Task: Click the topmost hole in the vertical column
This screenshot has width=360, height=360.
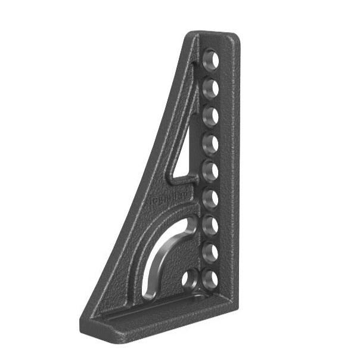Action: pyautogui.click(x=210, y=60)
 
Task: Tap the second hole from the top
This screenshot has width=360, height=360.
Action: pyautogui.click(x=210, y=88)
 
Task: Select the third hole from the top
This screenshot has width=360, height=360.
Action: pyautogui.click(x=210, y=115)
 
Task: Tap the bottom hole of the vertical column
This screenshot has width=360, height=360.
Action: pyautogui.click(x=210, y=278)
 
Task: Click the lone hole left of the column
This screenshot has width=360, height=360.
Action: pyautogui.click(x=190, y=278)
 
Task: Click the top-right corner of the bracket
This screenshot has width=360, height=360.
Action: pyautogui.click(x=237, y=37)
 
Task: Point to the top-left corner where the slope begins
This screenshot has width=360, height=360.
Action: pyautogui.click(x=190, y=35)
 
